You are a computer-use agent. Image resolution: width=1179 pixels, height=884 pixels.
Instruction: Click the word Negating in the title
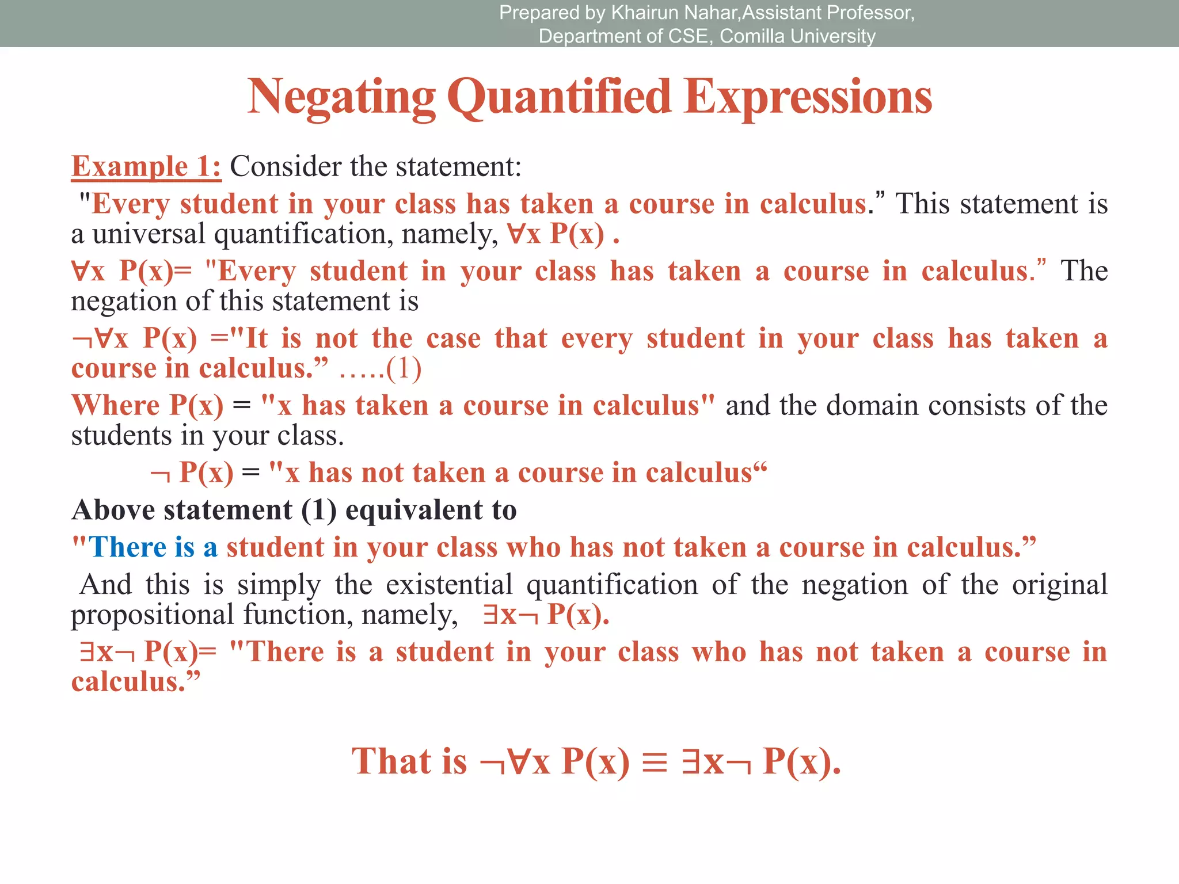tap(341, 98)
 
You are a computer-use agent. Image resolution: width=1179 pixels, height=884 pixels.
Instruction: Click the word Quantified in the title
tap(559, 98)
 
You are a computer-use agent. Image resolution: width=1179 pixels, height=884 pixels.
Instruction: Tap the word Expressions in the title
tap(808, 98)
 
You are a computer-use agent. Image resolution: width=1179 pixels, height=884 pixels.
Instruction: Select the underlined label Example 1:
tap(146, 166)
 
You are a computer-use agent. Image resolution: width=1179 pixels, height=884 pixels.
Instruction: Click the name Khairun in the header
tap(645, 13)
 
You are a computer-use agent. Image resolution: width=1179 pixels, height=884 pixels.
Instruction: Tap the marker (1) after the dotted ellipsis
tap(404, 369)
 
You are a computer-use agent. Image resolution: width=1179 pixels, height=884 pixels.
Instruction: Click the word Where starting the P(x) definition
tap(115, 405)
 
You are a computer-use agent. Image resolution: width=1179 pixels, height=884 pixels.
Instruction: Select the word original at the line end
tap(1059, 585)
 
